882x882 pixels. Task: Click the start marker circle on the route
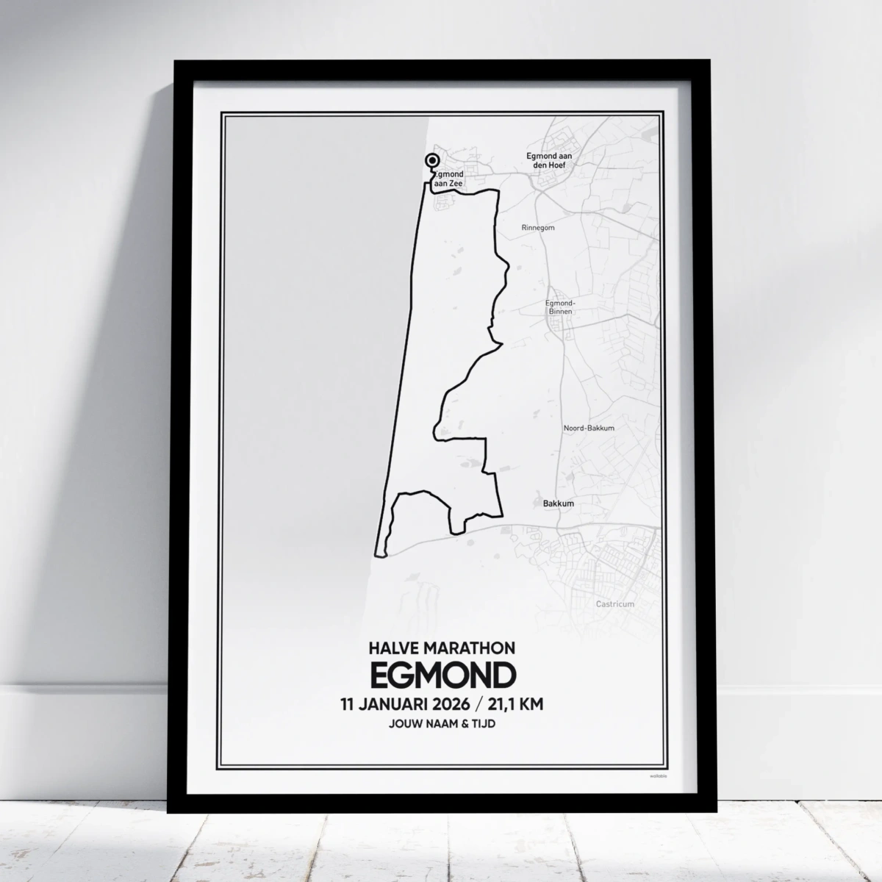(x=432, y=162)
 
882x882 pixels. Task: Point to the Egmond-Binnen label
(x=560, y=307)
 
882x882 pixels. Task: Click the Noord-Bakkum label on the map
(x=589, y=428)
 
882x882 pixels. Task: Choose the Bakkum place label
(x=558, y=503)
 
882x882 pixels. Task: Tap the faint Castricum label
(x=615, y=604)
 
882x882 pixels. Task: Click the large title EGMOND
(x=442, y=675)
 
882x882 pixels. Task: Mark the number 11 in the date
(x=348, y=704)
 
